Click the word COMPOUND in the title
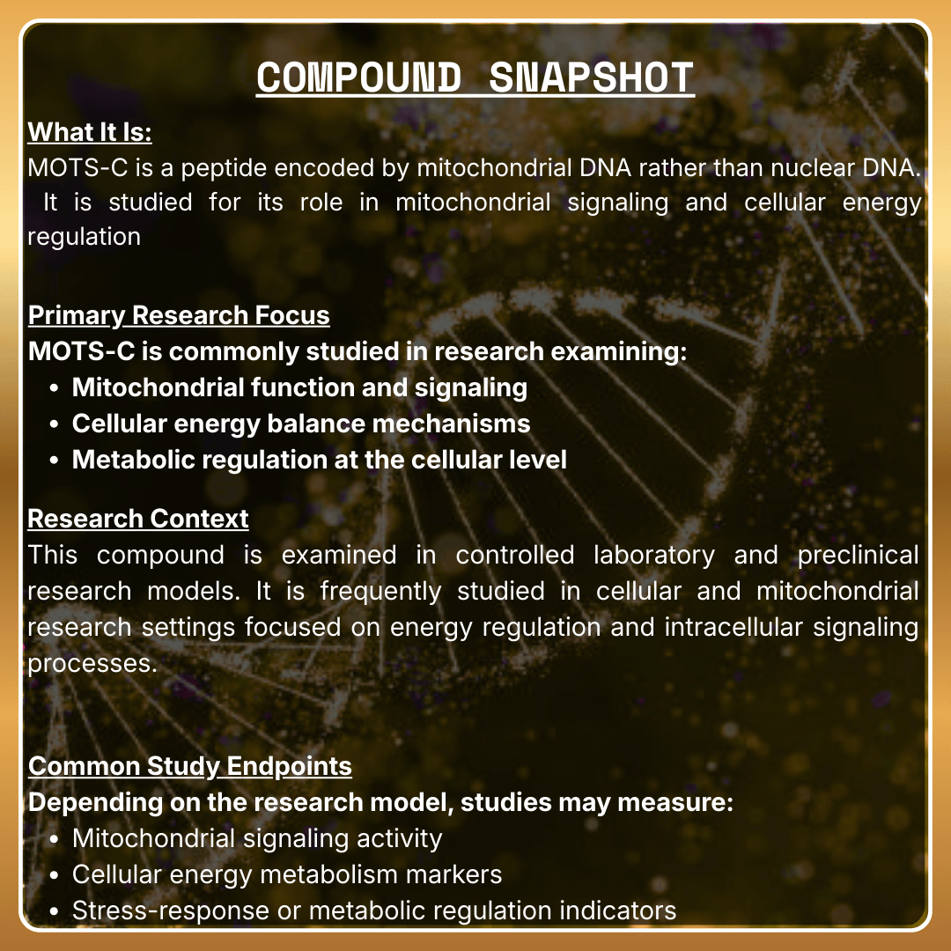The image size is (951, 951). [358, 77]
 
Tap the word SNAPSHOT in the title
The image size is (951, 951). [591, 77]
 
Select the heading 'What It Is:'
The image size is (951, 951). [90, 132]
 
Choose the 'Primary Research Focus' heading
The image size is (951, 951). [179, 315]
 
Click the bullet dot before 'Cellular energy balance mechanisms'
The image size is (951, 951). [55, 424]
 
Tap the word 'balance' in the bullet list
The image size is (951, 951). [319, 424]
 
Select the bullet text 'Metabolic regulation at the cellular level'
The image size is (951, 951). [319, 460]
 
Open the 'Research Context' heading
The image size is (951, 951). [138, 519]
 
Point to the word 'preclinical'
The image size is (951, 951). [858, 556]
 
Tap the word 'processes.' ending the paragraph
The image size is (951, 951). [92, 663]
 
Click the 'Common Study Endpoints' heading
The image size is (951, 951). [190, 766]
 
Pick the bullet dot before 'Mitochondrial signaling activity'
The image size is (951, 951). [55, 839]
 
